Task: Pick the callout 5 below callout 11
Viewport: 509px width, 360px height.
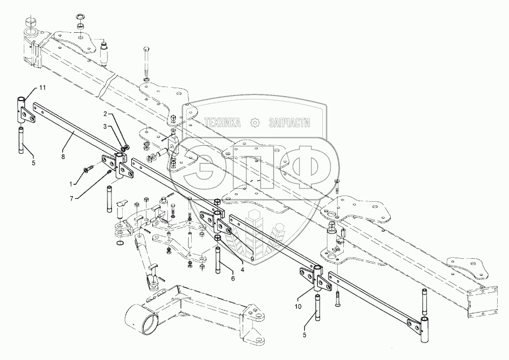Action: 33,163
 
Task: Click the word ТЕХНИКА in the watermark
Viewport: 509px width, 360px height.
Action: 222,123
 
